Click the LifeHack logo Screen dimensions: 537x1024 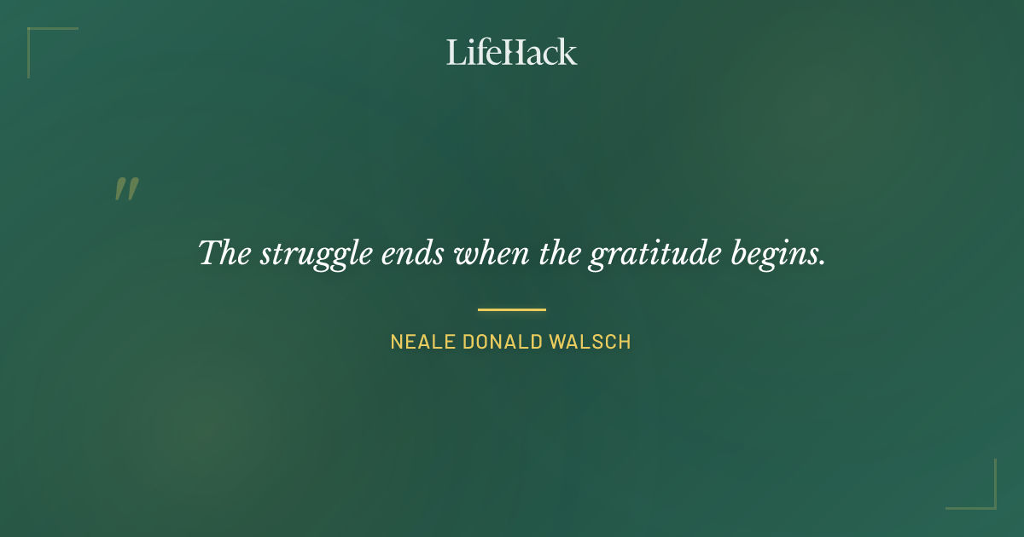[511, 52]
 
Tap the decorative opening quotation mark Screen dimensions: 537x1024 [126, 189]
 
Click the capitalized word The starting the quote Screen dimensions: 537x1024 [224, 253]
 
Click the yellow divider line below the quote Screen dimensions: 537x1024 [511, 309]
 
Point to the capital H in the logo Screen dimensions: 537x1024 [512, 52]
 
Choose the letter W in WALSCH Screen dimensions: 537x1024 [558, 342]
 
